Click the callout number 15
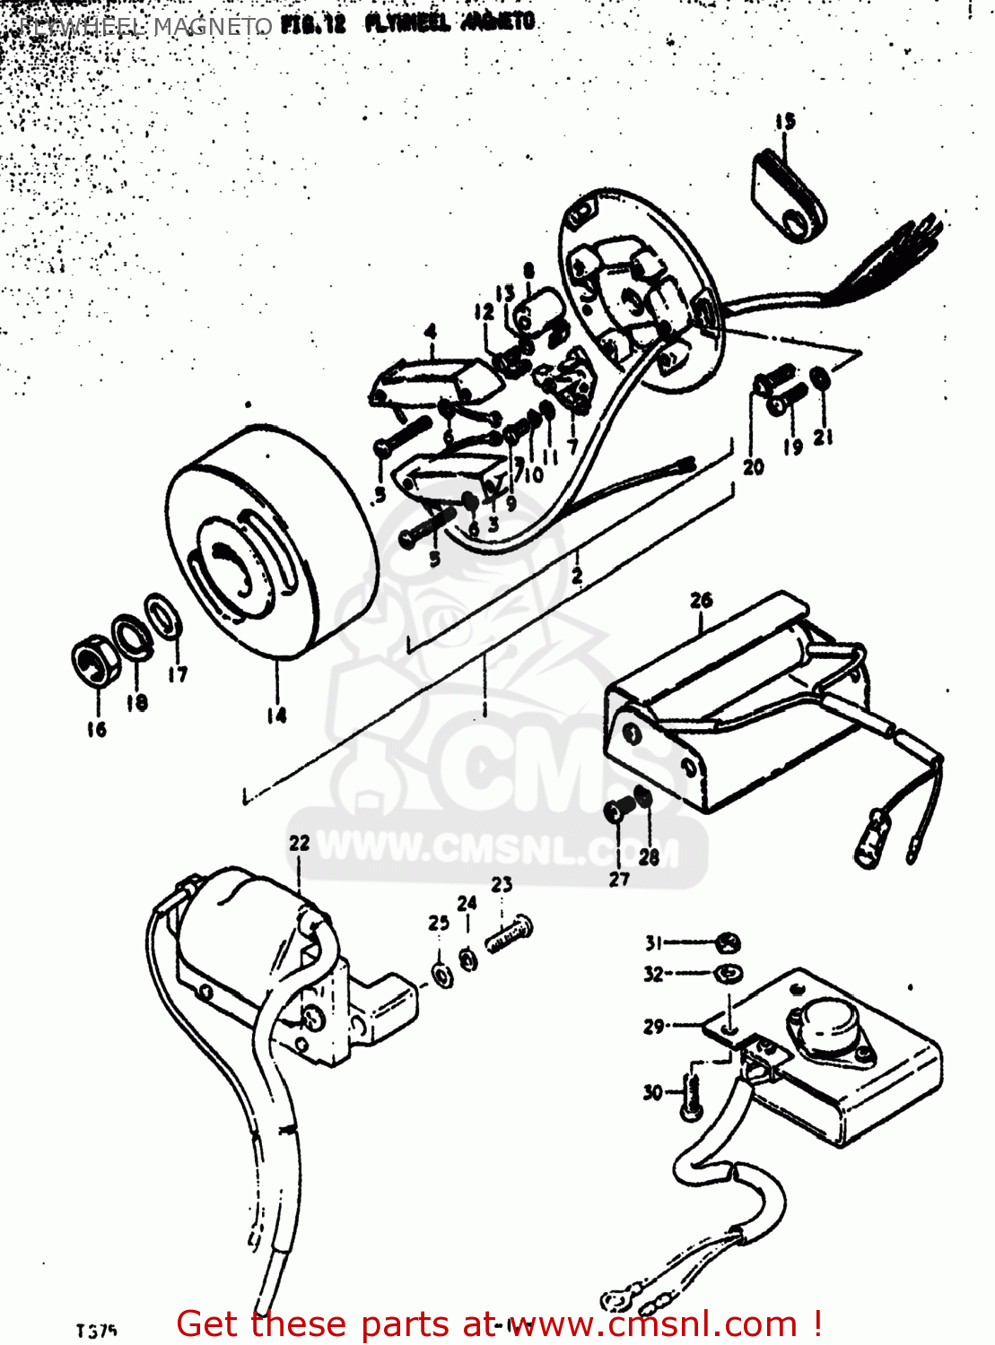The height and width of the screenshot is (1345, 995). (x=785, y=121)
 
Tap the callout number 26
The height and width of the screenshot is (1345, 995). (x=702, y=600)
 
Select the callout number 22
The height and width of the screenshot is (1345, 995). (x=299, y=843)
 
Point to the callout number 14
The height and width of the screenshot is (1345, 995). (x=276, y=715)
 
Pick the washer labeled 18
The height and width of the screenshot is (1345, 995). (x=131, y=636)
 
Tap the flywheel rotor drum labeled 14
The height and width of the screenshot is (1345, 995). (x=269, y=547)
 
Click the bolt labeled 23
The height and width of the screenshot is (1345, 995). (x=510, y=935)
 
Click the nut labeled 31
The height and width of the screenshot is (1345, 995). (x=729, y=943)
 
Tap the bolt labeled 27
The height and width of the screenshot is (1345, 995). (x=618, y=810)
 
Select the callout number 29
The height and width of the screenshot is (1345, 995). (x=654, y=1027)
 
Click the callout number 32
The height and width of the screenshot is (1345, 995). (x=654, y=974)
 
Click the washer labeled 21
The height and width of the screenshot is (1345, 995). (x=820, y=378)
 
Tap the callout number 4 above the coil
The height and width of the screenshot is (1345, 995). (x=432, y=333)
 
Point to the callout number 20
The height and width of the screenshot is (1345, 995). (x=753, y=466)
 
